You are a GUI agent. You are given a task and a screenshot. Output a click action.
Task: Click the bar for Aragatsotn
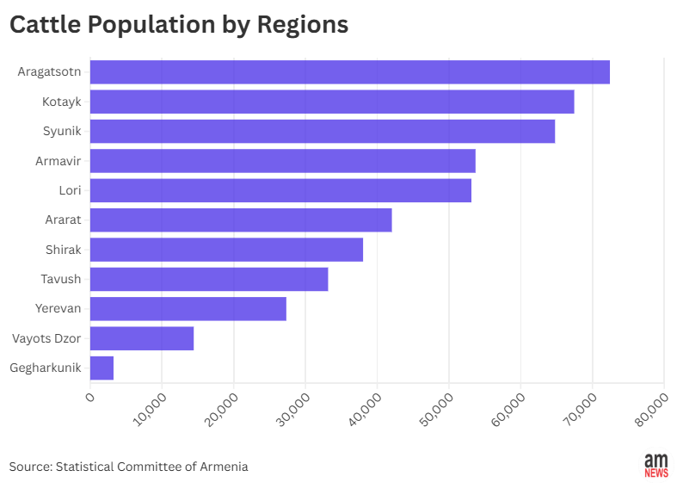[349, 72]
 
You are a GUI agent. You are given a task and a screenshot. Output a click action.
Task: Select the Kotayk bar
[331, 102]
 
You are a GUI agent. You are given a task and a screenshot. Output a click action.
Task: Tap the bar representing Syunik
[322, 132]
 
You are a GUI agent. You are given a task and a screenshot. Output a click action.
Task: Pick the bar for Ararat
[240, 220]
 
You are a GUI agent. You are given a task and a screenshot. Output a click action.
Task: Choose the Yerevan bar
[188, 309]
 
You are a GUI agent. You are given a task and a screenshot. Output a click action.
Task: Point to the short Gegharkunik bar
[102, 368]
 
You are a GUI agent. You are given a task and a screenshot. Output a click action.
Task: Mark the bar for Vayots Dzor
[141, 338]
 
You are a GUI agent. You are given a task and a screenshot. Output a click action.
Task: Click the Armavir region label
[58, 161]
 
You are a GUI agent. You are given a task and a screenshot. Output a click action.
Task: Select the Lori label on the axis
[70, 190]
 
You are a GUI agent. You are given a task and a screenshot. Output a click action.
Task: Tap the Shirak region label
[63, 250]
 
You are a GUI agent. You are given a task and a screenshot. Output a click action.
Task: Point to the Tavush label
[60, 279]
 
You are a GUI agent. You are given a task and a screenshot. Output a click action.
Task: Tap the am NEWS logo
[656, 466]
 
